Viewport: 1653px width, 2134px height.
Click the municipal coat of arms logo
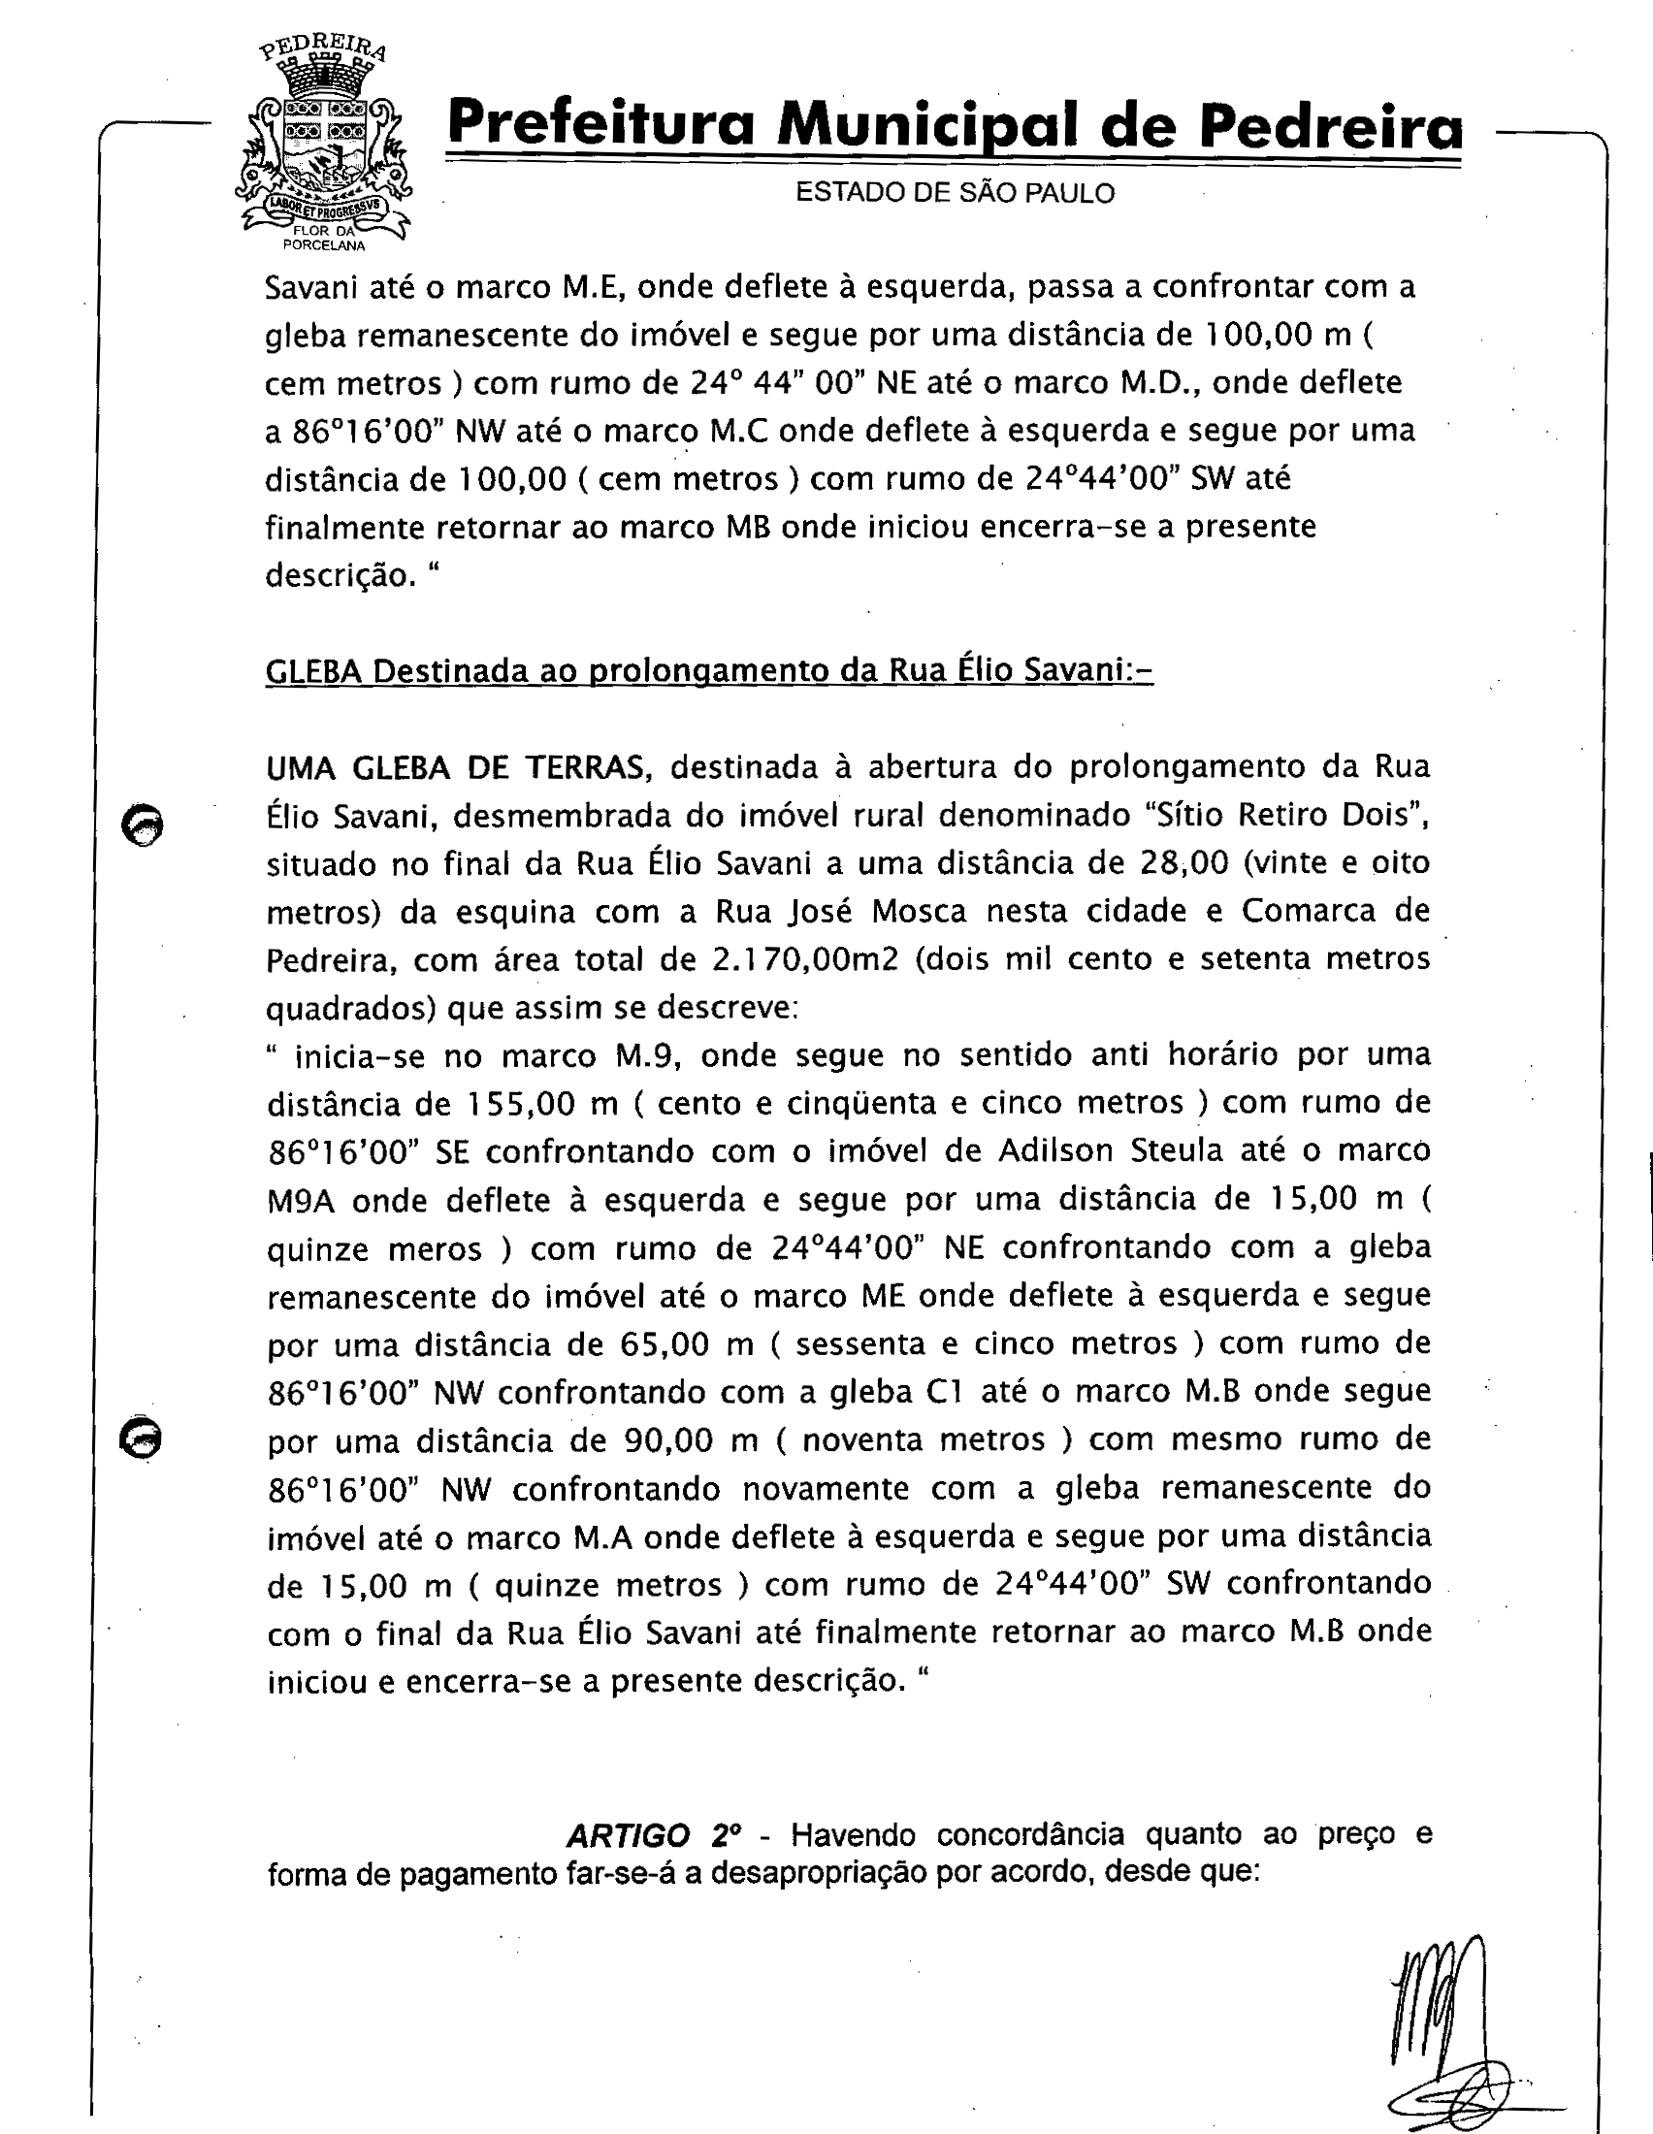tap(322, 146)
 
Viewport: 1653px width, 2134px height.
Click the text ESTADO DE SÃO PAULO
tap(955, 192)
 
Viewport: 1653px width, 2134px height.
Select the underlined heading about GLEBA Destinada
tap(708, 671)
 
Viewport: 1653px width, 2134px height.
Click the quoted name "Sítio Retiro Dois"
tap(1281, 815)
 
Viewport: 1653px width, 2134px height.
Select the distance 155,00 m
tap(540, 1103)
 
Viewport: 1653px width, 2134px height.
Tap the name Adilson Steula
tap(1110, 1151)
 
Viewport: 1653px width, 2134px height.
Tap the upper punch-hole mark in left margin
tap(143, 825)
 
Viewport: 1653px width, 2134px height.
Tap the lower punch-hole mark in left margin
tap(141, 1439)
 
